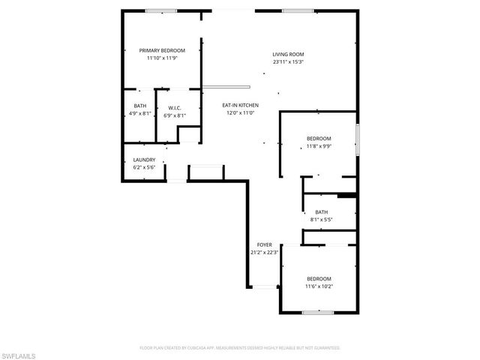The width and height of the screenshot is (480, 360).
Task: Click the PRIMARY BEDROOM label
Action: (162, 50)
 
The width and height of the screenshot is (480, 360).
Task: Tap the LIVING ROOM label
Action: (288, 55)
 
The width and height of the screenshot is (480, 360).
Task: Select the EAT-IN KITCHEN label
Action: (240, 105)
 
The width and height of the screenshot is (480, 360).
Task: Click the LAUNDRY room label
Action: (144, 160)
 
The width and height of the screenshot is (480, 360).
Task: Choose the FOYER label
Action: (265, 245)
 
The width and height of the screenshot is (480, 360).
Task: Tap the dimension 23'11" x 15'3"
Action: (288, 62)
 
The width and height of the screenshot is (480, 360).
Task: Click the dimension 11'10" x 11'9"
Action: (162, 58)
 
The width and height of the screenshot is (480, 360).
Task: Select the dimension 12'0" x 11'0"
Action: (240, 112)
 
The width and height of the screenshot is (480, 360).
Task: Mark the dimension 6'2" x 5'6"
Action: (144, 167)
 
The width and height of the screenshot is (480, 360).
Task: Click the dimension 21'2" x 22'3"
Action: (265, 253)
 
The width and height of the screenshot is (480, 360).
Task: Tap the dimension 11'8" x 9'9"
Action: (319, 147)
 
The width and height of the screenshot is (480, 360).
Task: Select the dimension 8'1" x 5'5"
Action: (321, 220)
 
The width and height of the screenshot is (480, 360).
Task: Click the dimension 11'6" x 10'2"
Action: (319, 286)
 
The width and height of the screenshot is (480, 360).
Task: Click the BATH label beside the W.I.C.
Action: (140, 106)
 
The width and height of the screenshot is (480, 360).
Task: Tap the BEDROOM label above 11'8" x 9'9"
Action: (319, 139)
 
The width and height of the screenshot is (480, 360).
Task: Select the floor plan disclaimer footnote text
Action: (240, 348)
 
